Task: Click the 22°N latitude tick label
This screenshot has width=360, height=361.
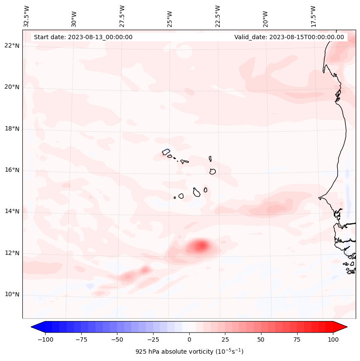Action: click(x=12, y=46)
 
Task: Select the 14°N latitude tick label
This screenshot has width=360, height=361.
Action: click(x=12, y=211)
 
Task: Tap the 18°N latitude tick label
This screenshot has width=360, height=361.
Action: click(x=12, y=129)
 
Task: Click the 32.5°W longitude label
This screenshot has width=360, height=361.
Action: click(x=27, y=15)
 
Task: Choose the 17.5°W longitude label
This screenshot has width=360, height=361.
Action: click(x=313, y=15)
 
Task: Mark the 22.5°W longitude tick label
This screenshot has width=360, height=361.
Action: click(x=218, y=15)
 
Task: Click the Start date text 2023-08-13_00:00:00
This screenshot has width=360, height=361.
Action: click(x=83, y=37)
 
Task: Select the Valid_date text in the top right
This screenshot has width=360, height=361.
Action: click(x=289, y=37)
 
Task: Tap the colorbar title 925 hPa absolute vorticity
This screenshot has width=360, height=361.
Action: click(x=189, y=352)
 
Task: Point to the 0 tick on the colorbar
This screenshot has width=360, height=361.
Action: click(x=189, y=339)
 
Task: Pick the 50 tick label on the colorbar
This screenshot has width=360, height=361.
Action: click(x=261, y=339)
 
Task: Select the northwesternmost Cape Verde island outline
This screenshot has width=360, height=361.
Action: click(x=166, y=152)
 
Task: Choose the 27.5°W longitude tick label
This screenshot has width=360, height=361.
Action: click(x=122, y=15)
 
